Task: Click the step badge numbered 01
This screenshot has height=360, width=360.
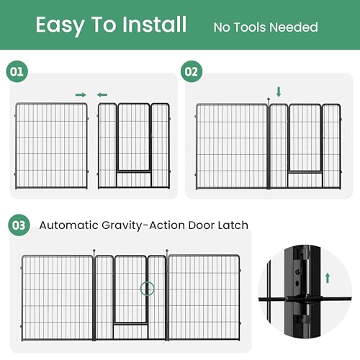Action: pyautogui.click(x=17, y=71)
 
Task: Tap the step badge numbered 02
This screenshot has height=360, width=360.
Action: pyautogui.click(x=192, y=71)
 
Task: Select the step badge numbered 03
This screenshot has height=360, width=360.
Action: pyautogui.click(x=19, y=225)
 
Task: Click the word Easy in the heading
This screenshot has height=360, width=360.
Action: pyautogui.click(x=60, y=25)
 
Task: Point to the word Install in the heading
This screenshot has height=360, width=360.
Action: pyautogui.click(x=154, y=24)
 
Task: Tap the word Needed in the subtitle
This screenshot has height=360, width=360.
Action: pyautogui.click(x=294, y=27)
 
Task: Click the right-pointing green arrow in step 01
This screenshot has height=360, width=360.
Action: pyautogui.click(x=81, y=95)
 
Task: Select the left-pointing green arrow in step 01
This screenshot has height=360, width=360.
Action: pyautogui.click(x=102, y=95)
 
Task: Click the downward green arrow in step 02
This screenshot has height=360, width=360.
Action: pyautogui.click(x=279, y=92)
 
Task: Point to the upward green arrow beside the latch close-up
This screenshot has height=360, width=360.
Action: pyautogui.click(x=328, y=278)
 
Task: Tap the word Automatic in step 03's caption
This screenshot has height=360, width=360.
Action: pyautogui.click(x=69, y=225)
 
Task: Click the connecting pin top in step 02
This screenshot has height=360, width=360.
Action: pyautogui.click(x=269, y=99)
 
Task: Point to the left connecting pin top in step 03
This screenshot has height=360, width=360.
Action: pyautogui.click(x=94, y=251)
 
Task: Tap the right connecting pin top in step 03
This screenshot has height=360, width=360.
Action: pyautogui.click(x=167, y=251)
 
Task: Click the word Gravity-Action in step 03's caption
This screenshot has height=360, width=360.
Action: pyautogui.click(x=143, y=225)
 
